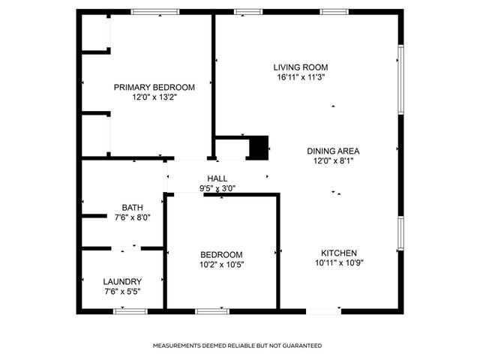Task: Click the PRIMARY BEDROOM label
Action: click(x=154, y=87)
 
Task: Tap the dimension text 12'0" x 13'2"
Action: click(x=154, y=97)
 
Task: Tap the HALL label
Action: click(x=217, y=178)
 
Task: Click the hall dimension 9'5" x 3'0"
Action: click(x=217, y=188)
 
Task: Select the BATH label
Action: click(x=132, y=208)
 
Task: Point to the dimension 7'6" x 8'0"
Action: click(x=132, y=217)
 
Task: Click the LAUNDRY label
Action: click(x=121, y=281)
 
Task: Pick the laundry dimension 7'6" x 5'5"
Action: click(x=121, y=291)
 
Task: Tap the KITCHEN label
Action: click(x=339, y=253)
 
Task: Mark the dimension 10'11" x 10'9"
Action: click(x=339, y=262)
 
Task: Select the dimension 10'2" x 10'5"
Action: click(x=221, y=264)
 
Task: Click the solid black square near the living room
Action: click(x=258, y=147)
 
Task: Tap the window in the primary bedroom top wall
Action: click(x=155, y=11)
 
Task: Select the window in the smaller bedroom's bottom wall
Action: click(x=212, y=310)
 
